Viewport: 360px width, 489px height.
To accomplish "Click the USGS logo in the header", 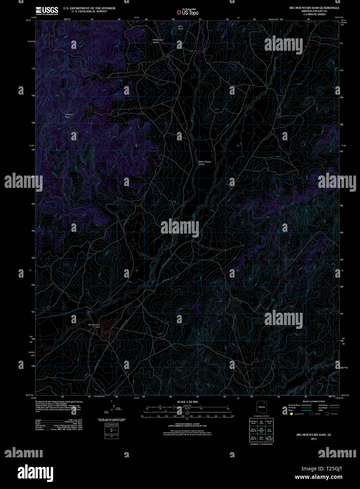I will tap(47, 11).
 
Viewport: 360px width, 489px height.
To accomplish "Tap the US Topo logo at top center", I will tap(187, 12).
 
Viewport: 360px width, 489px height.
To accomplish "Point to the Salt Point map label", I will tap(180, 27).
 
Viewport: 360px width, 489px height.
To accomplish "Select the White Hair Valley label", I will tap(158, 41).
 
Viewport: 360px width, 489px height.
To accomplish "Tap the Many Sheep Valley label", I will tap(204, 163).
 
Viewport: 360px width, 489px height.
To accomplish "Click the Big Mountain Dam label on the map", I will tap(94, 325).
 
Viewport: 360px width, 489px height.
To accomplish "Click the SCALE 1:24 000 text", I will tap(187, 402).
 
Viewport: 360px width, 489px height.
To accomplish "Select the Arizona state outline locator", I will tap(261, 407).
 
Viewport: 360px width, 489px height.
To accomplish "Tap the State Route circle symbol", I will tap(328, 414).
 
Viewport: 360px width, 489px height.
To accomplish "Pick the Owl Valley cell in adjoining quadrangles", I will tap(261, 422).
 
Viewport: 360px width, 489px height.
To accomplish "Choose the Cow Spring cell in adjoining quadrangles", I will tap(269, 430).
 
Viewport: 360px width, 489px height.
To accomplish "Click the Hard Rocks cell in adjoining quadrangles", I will tap(261, 438).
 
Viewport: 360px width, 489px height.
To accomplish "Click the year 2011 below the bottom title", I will tap(314, 439).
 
